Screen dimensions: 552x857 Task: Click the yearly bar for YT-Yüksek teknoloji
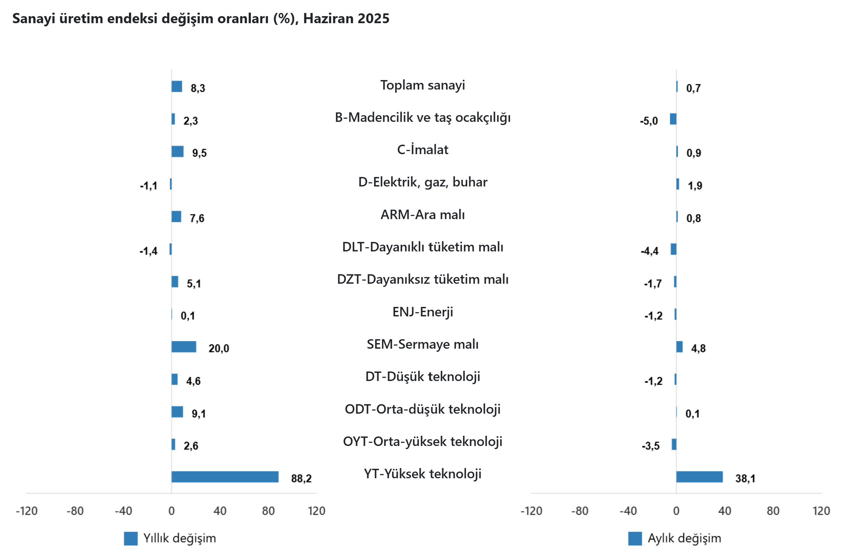(225, 477)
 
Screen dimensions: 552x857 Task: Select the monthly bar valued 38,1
(699, 477)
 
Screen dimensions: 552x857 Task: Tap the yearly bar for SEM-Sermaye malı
(184, 347)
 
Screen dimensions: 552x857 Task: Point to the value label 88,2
(301, 478)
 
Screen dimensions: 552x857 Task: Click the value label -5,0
(649, 121)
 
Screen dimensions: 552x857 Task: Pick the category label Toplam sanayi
(422, 85)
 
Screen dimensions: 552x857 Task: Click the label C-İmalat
(422, 150)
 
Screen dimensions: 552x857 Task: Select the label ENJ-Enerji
(422, 311)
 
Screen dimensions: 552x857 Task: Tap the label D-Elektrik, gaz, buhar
(422, 182)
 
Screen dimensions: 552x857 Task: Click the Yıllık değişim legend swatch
(130, 538)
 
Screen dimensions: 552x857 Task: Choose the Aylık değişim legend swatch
(634, 538)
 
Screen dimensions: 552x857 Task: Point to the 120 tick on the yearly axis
(316, 511)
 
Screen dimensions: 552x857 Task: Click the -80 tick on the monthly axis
(579, 511)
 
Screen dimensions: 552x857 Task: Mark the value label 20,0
(218, 348)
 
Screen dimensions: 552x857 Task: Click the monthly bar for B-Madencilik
(673, 119)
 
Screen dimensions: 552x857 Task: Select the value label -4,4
(649, 251)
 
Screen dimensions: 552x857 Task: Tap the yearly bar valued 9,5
(177, 151)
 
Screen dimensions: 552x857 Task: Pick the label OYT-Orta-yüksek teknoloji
(422, 441)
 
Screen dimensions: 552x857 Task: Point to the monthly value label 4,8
(698, 348)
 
